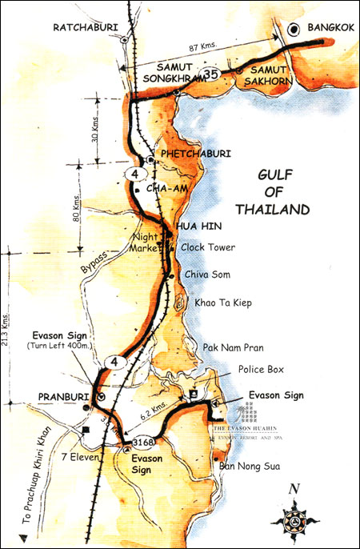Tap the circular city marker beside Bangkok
click(x=294, y=30)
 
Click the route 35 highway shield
click(x=211, y=74)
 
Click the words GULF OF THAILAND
click(x=273, y=191)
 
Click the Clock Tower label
click(x=208, y=248)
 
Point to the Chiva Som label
click(x=207, y=274)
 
